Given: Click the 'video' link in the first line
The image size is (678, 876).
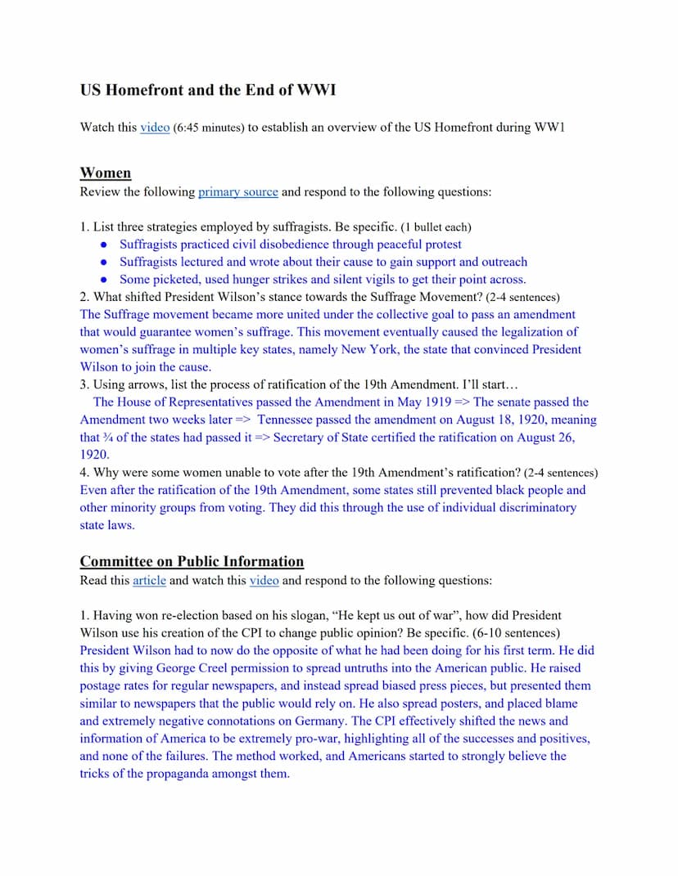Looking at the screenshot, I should [155, 128].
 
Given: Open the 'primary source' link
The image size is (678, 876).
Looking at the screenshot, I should [237, 192].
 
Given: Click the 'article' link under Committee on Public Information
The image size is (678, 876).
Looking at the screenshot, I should [149, 581].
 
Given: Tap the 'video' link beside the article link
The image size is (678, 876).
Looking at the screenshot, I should [264, 581].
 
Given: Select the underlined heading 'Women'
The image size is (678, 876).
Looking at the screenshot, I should [105, 173].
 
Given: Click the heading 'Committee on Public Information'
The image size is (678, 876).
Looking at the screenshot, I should [192, 562].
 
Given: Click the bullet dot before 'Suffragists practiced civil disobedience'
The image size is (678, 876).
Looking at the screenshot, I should [103, 245].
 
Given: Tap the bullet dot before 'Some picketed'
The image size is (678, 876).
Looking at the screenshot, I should [103, 280].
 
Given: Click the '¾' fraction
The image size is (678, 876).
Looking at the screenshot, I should [111, 438].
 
